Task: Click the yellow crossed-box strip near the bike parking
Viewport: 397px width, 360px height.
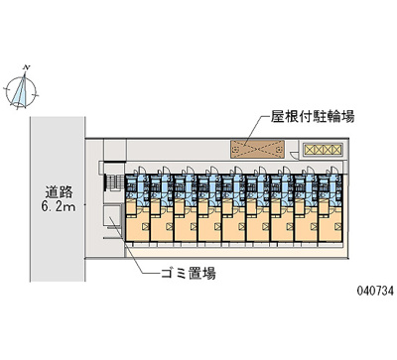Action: (x=322, y=149)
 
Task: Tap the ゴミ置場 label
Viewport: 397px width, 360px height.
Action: (x=188, y=272)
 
